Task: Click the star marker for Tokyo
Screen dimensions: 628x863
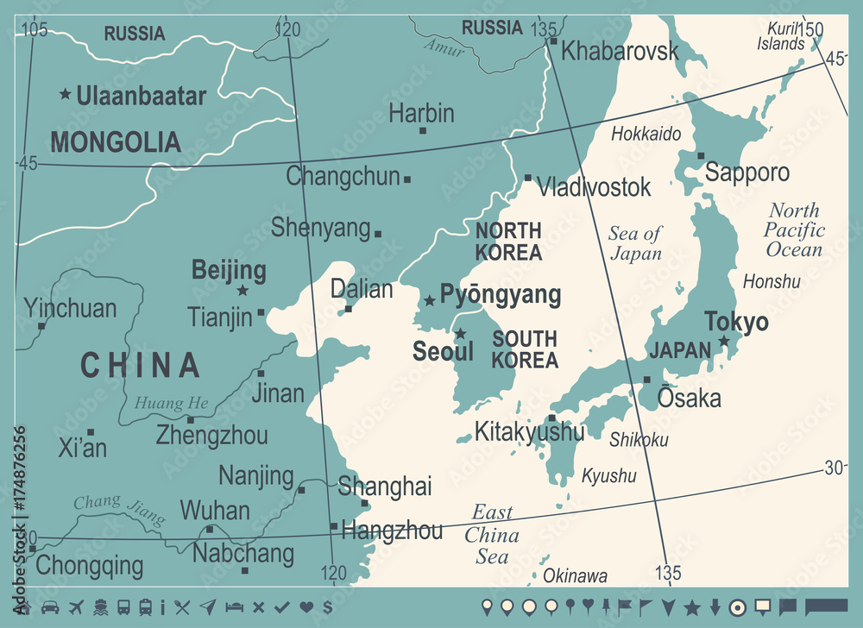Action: pos(724,342)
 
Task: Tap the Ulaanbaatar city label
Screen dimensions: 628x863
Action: pos(141,96)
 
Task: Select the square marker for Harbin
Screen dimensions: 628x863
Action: pos(423,130)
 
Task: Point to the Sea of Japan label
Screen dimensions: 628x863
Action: pos(635,242)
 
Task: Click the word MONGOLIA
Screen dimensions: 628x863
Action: pos(116,141)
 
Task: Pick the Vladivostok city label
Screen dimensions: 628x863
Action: pos(594,186)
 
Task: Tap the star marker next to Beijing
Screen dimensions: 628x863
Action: pos(243,291)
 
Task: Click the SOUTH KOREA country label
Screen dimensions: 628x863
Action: pos(525,349)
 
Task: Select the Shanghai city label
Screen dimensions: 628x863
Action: pos(385,486)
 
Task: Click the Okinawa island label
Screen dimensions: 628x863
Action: pos(575,576)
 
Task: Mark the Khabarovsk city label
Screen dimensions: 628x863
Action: pos(620,51)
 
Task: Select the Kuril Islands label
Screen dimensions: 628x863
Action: pos(778,36)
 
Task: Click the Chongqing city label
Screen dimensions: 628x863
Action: pos(90,566)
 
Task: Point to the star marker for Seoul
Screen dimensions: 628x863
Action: pos(460,334)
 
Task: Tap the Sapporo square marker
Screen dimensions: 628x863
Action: pos(702,156)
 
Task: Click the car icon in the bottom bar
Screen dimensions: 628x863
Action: pos(49,607)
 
